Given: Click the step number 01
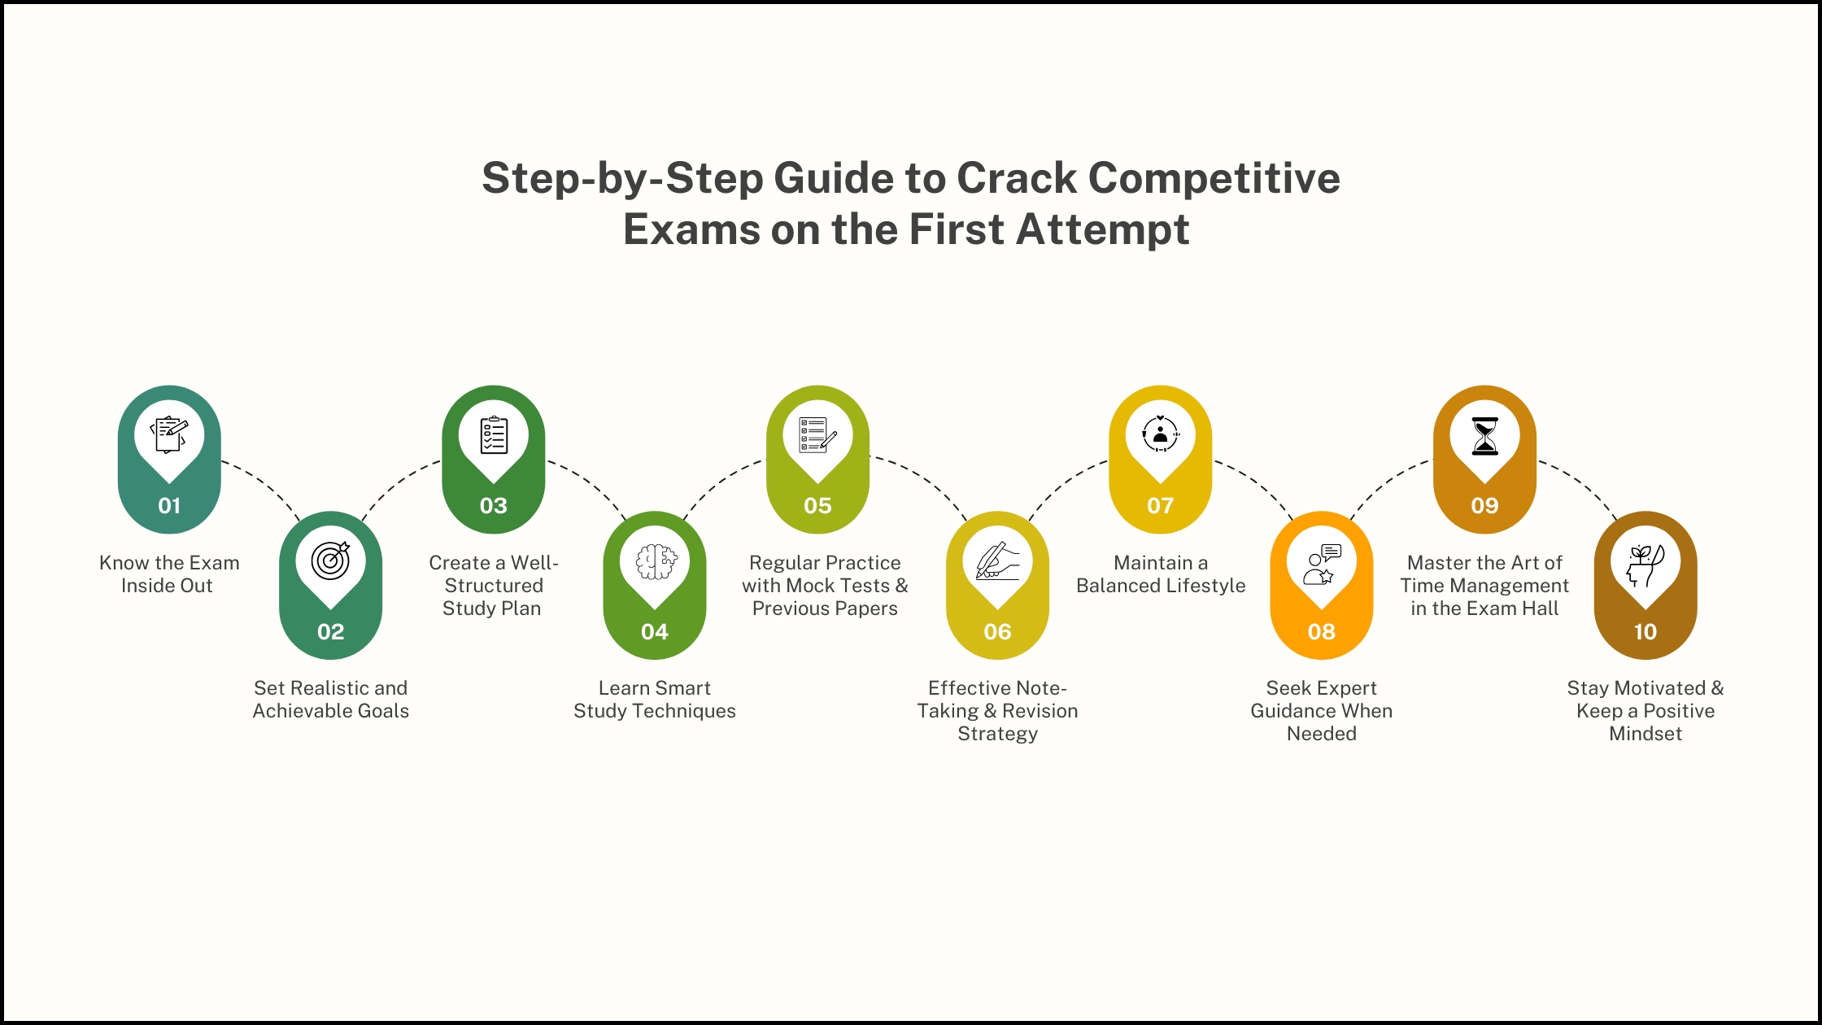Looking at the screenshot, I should click(x=169, y=506).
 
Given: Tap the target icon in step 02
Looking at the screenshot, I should click(x=330, y=560).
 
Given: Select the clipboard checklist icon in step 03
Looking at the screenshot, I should click(x=494, y=435).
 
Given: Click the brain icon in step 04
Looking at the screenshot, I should click(x=655, y=561).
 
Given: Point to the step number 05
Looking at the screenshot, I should click(x=817, y=506).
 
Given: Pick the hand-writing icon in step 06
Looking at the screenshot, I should click(x=997, y=561).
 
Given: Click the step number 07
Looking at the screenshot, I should click(x=1160, y=506).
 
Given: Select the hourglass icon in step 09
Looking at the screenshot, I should click(x=1484, y=436).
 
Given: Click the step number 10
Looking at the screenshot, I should click(x=1645, y=632).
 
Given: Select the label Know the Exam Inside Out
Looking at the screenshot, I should click(x=169, y=574).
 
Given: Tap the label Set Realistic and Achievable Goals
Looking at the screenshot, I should click(x=330, y=700).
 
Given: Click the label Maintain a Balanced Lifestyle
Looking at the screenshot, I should click(x=1161, y=574).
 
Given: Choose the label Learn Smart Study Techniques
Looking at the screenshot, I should click(x=655, y=700).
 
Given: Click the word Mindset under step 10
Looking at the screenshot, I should click(x=1645, y=734).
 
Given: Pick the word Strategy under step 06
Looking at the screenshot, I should click(x=997, y=734).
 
